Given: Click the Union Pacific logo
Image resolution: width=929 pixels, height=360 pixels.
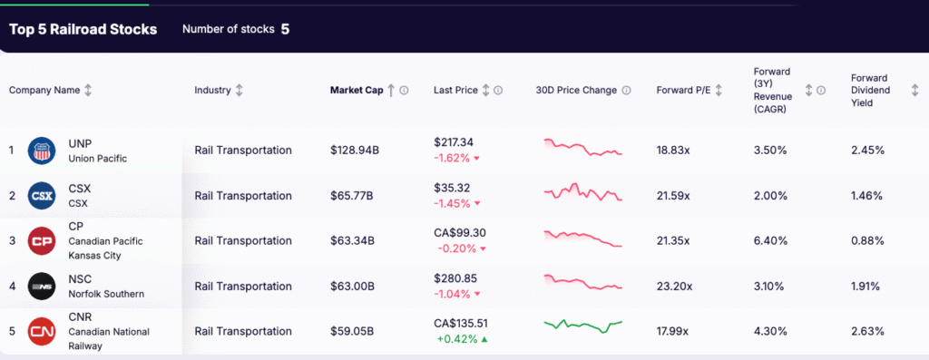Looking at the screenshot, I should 42,151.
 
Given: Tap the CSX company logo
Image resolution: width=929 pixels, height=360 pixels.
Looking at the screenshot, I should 42,195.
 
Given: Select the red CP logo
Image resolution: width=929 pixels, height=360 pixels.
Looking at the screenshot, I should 42,241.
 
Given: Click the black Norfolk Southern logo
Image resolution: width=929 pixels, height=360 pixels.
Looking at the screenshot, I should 42,287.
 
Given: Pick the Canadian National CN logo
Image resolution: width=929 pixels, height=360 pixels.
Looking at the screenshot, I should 42,332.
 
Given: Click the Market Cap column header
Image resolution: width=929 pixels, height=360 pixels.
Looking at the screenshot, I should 356,90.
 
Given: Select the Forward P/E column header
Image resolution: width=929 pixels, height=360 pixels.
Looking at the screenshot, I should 682,90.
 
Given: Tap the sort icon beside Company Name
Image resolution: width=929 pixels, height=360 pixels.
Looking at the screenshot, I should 88,90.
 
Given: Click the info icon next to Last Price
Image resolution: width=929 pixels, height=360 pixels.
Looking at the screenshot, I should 498,90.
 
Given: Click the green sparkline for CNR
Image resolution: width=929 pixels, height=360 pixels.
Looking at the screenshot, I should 583,325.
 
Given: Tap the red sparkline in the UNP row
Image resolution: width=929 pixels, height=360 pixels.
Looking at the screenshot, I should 583,148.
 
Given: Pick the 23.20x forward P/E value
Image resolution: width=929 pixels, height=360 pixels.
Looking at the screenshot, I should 673,287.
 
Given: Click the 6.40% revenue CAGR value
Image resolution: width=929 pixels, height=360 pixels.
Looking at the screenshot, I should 770,240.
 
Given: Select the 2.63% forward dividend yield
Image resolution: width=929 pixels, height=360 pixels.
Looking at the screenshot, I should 867,331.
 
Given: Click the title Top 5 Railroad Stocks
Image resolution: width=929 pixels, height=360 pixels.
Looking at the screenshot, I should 83,29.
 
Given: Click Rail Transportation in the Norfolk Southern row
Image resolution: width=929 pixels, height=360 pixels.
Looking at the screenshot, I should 243,287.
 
